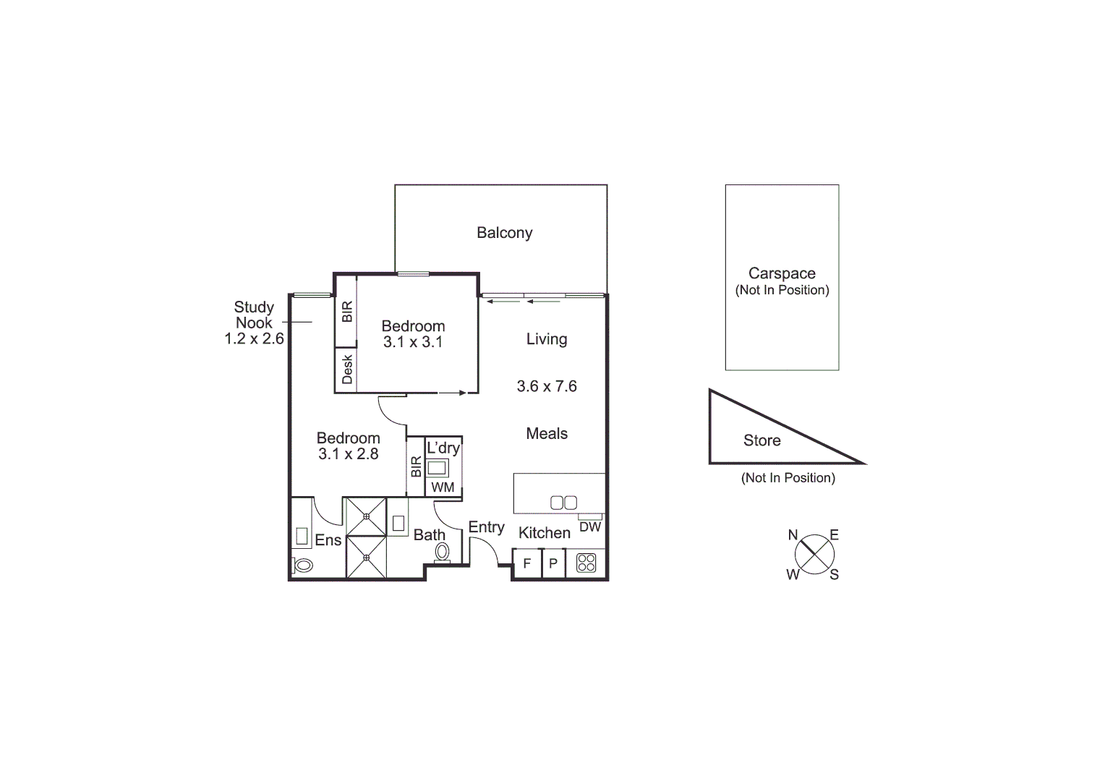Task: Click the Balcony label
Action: point(504,233)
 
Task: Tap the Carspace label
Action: point(782,274)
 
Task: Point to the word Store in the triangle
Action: point(761,440)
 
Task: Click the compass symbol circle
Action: point(814,555)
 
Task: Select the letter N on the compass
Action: point(793,535)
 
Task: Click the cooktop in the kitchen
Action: point(586,563)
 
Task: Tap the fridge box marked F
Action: point(527,563)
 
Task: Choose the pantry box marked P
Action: point(553,563)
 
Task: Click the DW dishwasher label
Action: point(590,527)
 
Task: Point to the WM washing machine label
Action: point(443,487)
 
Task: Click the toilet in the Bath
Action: point(442,553)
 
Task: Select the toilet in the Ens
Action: point(303,565)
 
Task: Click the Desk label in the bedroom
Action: point(347,369)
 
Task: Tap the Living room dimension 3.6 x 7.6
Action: point(547,386)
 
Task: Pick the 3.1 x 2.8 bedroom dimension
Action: point(348,454)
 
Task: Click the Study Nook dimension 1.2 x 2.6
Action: point(254,338)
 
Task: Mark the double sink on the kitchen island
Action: point(563,503)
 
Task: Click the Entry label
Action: point(486,527)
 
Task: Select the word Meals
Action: point(547,434)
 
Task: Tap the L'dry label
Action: point(443,448)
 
